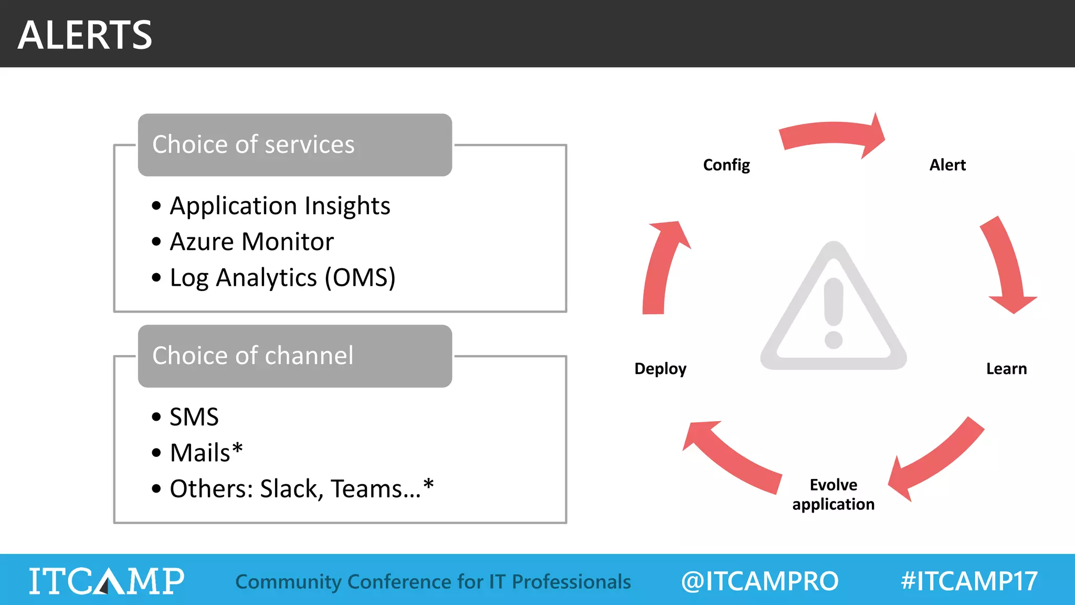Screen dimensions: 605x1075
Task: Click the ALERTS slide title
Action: click(x=85, y=35)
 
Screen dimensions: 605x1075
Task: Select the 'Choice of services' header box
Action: click(x=294, y=145)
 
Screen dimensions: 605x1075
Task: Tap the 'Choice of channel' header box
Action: click(x=294, y=356)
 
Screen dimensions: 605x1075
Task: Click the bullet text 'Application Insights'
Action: click(x=280, y=206)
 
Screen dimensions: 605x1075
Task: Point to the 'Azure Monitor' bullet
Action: click(x=251, y=242)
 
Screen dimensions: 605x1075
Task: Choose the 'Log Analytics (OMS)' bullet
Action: click(x=282, y=278)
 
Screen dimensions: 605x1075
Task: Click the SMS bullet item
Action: click(x=194, y=418)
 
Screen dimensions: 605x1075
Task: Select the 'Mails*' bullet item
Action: click(x=206, y=453)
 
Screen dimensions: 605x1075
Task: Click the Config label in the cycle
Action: click(x=726, y=165)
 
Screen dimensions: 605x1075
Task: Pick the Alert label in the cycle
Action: click(x=947, y=165)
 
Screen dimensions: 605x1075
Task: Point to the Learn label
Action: click(x=1006, y=369)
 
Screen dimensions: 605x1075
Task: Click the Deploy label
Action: click(x=660, y=369)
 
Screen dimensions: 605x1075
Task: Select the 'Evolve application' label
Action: click(x=833, y=494)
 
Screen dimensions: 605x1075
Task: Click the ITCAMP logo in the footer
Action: click(x=107, y=581)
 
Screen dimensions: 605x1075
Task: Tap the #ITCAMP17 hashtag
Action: click(x=969, y=581)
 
